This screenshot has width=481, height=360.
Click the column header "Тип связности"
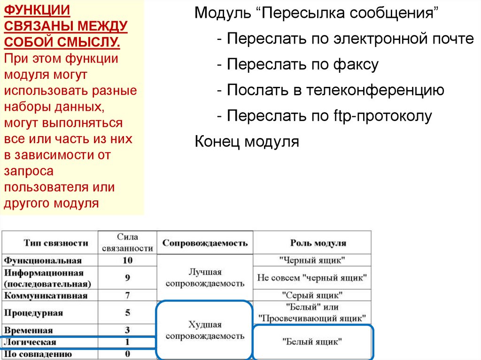pyautogui.click(x=56, y=243)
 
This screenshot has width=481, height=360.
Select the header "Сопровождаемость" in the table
pyautogui.click(x=205, y=243)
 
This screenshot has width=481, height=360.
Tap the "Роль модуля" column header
pyautogui.click(x=311, y=243)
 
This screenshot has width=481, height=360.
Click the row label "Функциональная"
pyautogui.click(x=43, y=260)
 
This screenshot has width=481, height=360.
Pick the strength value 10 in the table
pyautogui.click(x=127, y=260)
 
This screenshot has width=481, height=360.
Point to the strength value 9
pyautogui.click(x=127, y=278)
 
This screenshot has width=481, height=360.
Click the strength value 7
pyautogui.click(x=127, y=296)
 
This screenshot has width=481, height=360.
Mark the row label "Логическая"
pyautogui.click(x=30, y=342)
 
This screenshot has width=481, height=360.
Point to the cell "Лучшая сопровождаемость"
pyautogui.click(x=205, y=278)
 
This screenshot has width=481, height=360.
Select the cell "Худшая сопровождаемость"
pyautogui.click(x=205, y=330)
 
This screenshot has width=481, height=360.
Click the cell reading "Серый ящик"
pyautogui.click(x=312, y=296)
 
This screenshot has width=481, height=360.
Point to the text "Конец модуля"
pyautogui.click(x=247, y=141)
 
